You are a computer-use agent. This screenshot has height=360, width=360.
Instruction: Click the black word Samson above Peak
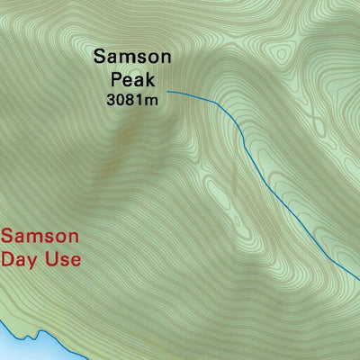click(132, 58)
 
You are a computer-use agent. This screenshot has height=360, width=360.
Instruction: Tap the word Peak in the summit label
click(132, 79)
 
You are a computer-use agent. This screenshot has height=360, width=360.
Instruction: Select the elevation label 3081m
click(132, 100)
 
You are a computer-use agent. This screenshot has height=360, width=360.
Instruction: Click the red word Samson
click(40, 238)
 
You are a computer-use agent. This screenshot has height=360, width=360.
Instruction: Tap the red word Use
click(65, 260)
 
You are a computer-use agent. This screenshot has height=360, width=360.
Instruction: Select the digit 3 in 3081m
click(111, 100)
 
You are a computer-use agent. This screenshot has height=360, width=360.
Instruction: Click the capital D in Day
click(9, 260)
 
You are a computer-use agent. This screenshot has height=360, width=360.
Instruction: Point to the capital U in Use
click(55, 260)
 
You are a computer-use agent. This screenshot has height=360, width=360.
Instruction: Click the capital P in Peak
click(115, 79)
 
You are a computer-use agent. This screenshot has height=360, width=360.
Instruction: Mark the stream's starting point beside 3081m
click(168, 92)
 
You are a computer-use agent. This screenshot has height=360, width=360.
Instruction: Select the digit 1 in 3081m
click(141, 100)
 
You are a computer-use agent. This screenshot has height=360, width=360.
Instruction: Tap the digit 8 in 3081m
click(131, 100)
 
